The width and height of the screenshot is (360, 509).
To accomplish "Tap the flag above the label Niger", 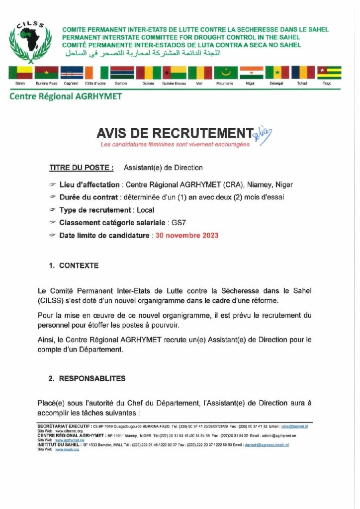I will [251, 73].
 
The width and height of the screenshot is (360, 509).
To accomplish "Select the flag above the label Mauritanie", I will [225, 73].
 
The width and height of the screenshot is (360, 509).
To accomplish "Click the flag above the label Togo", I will [329, 73].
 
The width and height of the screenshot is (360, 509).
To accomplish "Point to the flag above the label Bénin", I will [20, 73].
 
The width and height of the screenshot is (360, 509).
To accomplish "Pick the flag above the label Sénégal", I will [277, 73].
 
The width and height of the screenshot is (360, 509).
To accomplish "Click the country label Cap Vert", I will [71, 84].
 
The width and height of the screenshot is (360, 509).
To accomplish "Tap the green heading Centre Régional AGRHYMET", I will [65, 96].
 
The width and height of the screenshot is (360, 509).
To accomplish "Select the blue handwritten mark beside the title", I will [263, 133].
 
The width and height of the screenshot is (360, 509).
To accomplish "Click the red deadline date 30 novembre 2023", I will [186, 235].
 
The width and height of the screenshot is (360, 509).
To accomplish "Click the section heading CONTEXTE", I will [79, 266].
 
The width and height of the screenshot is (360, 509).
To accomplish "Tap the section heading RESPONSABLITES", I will [92, 379].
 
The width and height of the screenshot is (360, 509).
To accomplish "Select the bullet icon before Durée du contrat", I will [52, 197].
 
